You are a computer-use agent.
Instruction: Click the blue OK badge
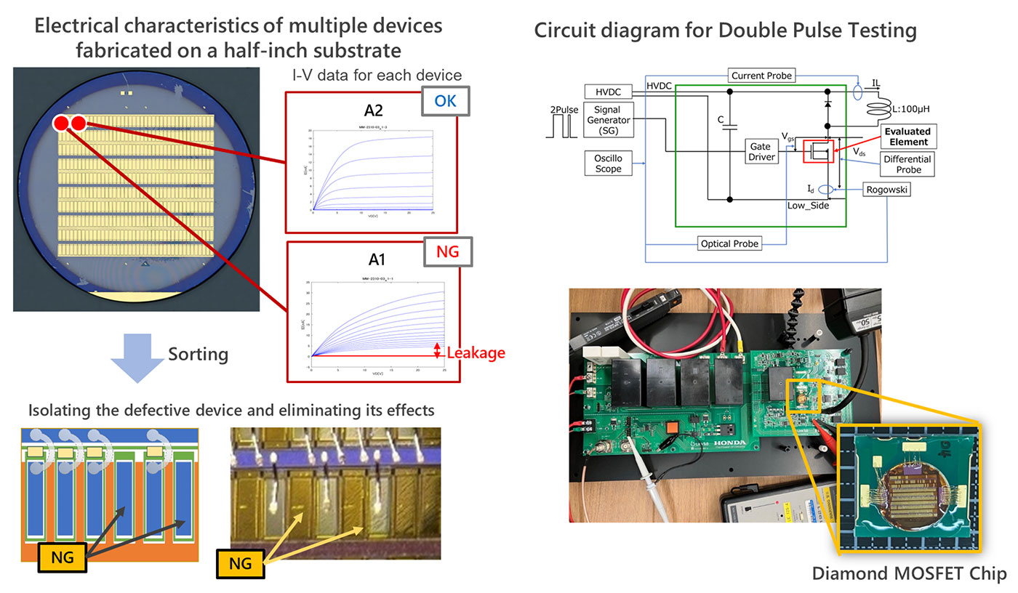point(445,102)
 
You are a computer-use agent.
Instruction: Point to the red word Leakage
point(476,353)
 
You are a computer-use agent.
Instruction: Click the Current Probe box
point(761,76)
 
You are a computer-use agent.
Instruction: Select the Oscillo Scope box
point(609,163)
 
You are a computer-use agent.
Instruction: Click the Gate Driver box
point(761,151)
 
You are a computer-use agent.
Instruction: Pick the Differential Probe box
point(908,164)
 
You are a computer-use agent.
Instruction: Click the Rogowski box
point(887,189)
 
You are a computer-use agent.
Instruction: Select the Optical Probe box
point(729,244)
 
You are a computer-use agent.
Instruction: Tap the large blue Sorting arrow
point(135,357)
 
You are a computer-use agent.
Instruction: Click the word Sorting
point(198,354)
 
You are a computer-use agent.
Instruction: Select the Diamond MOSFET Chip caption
point(909,573)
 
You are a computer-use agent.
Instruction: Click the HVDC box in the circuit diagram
point(609,92)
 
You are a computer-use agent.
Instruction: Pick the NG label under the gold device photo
point(241,563)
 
